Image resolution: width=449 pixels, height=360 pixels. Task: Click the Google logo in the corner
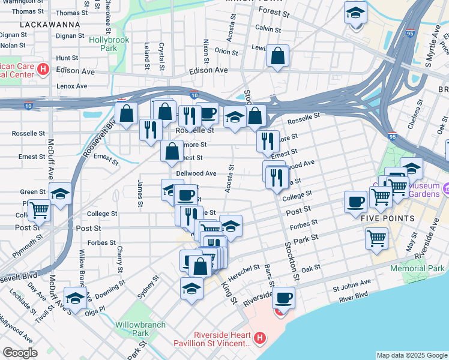coord(20,353)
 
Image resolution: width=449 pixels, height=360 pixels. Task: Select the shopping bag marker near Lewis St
coord(278,57)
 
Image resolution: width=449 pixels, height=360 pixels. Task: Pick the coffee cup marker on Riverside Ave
coord(283,297)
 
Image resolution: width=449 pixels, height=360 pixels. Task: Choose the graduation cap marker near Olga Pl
coord(74,298)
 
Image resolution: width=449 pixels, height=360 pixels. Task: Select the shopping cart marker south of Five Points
coord(376,238)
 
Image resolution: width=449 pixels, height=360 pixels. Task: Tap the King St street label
coord(228,293)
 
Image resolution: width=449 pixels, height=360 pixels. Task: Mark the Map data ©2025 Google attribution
coord(412,355)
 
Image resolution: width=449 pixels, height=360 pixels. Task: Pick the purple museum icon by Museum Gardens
coord(445,190)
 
